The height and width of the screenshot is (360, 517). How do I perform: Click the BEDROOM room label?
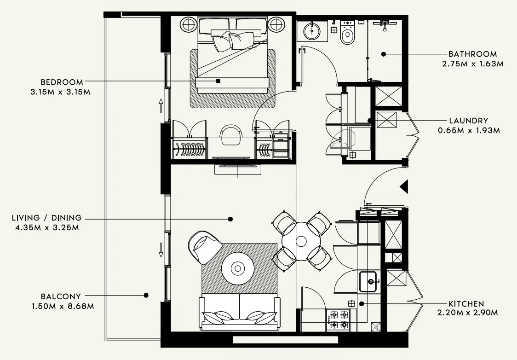pos(62,82)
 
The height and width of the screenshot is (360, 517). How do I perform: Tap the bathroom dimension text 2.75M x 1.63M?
pos(472,64)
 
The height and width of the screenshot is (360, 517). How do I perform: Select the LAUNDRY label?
pos(469,121)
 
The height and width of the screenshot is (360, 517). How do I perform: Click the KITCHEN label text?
pos(466,304)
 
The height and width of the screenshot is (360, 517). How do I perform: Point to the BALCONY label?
pos(61,296)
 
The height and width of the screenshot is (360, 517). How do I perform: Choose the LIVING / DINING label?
pos(47,218)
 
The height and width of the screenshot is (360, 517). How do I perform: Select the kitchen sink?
pos(368,281)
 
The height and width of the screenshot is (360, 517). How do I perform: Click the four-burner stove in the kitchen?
pos(338,320)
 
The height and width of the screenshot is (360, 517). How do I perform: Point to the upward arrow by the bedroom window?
pos(161,105)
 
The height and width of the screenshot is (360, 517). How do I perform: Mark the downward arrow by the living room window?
pos(161,250)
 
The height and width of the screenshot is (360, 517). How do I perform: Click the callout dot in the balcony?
pos(146,295)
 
